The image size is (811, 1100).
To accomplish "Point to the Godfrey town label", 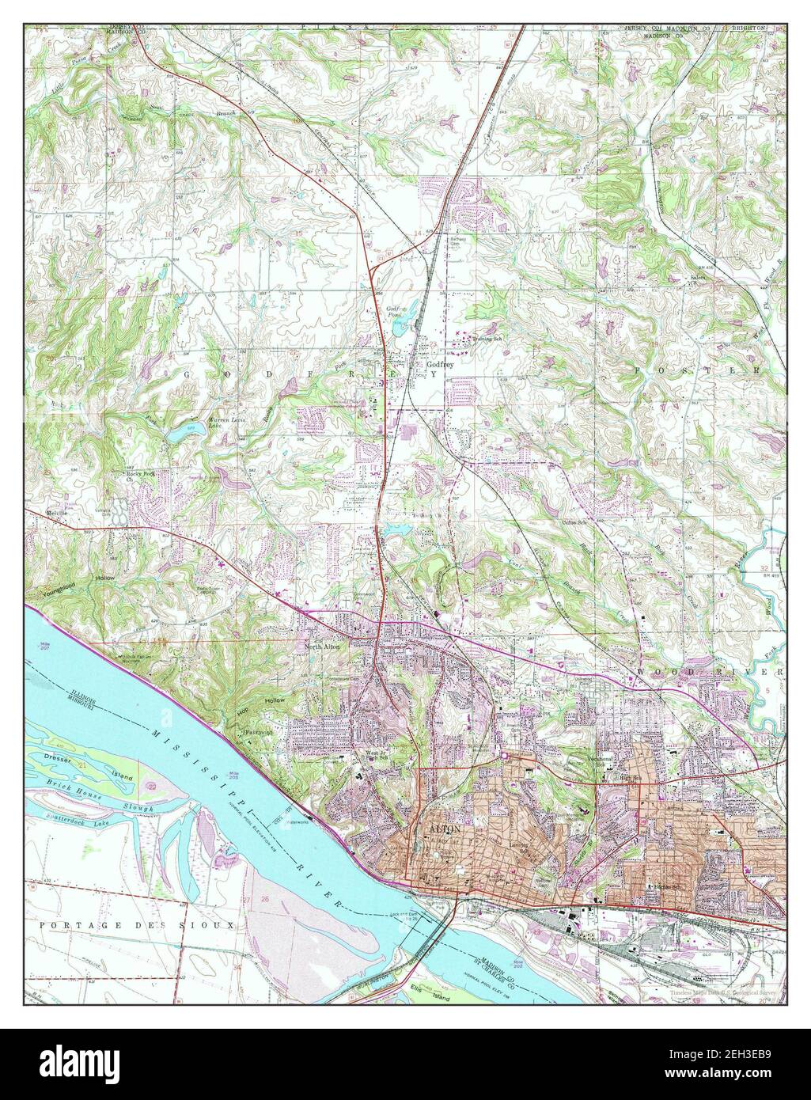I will [x=440, y=365].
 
